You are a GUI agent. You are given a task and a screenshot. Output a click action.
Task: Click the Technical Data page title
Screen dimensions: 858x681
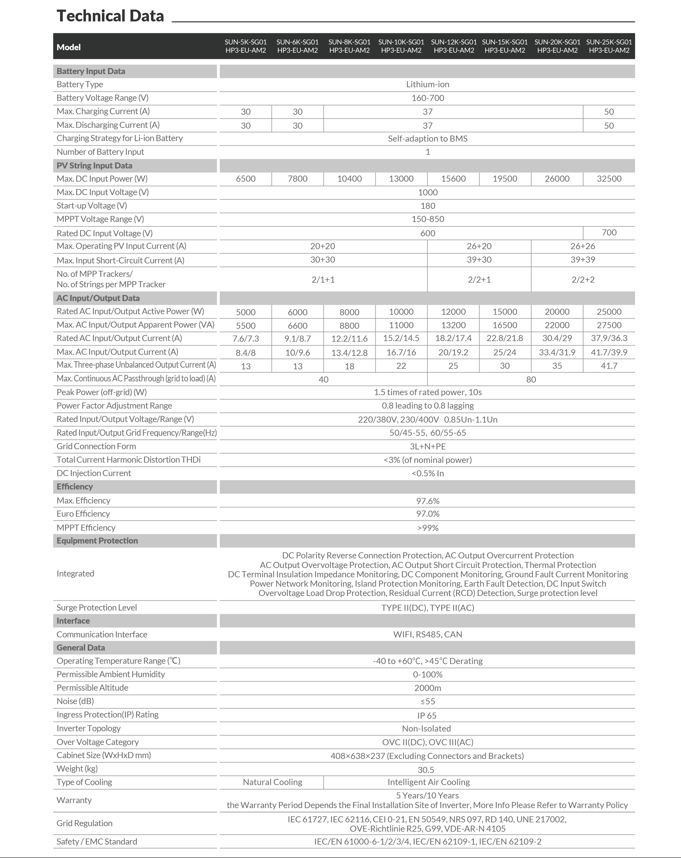click(110, 16)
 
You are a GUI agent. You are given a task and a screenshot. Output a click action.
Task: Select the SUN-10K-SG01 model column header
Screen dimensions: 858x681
click(401, 46)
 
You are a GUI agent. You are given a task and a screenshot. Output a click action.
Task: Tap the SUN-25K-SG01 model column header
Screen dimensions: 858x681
click(609, 46)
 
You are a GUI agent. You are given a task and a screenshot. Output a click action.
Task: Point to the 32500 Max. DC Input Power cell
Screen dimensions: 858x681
click(609, 179)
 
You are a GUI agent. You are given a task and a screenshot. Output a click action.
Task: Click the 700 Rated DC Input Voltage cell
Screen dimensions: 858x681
click(609, 232)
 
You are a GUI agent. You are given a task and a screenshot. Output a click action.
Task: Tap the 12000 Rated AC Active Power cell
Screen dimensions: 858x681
click(453, 312)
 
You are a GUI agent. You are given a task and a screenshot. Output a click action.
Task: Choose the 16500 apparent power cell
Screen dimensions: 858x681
click(505, 325)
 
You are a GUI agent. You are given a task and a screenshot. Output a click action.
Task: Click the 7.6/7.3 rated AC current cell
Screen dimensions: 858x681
click(246, 339)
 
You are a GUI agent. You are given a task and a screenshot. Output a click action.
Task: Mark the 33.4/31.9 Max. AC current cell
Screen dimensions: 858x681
click(557, 352)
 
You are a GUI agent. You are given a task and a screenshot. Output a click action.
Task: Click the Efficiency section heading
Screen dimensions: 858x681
click(74, 487)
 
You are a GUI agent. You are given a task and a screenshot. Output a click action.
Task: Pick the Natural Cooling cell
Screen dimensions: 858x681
click(272, 782)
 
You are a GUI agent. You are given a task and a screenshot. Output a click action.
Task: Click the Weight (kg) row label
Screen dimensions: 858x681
click(77, 769)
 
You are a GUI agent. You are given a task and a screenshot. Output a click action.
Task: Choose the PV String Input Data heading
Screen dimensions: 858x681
click(94, 165)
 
